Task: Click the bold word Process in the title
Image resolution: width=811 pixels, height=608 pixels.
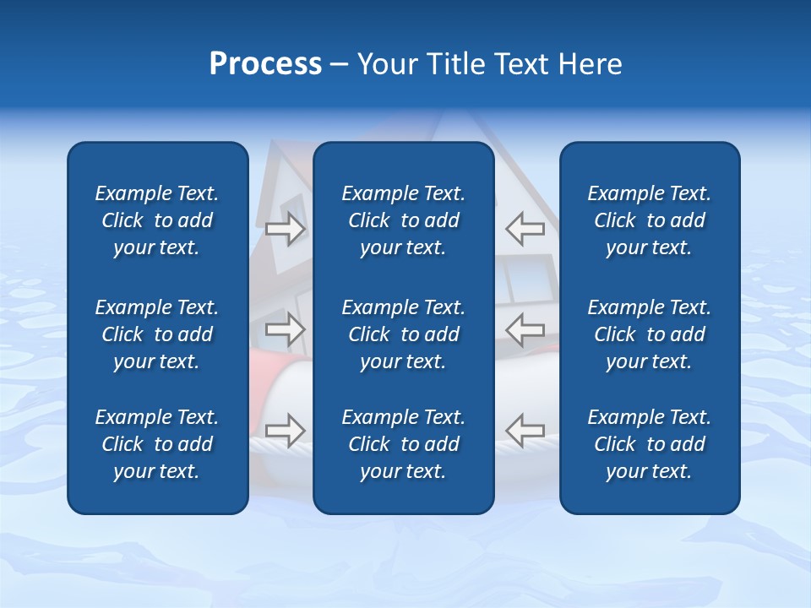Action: (265, 64)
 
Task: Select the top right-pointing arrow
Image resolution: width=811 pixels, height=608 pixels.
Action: (286, 228)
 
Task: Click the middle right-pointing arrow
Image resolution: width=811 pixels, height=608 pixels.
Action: (286, 329)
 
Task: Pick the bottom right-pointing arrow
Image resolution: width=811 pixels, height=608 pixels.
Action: (286, 430)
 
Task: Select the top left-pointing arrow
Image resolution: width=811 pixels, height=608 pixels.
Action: (525, 228)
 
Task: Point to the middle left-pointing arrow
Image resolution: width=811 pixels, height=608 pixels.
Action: (525, 329)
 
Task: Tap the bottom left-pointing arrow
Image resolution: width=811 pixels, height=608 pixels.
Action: (525, 430)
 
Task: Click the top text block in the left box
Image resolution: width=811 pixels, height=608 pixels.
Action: (157, 220)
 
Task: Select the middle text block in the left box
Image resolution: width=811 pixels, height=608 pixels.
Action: (157, 334)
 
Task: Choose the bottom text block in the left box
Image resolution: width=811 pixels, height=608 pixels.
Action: (157, 444)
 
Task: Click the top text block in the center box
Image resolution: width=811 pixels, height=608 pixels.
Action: (404, 220)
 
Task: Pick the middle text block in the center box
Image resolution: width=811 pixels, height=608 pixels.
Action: (404, 334)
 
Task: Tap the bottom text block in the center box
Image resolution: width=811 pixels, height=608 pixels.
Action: (404, 444)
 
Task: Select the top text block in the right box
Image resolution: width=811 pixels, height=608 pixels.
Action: (650, 220)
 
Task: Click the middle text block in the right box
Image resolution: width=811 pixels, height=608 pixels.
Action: (650, 334)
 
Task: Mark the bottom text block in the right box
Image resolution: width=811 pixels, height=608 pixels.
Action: (650, 444)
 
